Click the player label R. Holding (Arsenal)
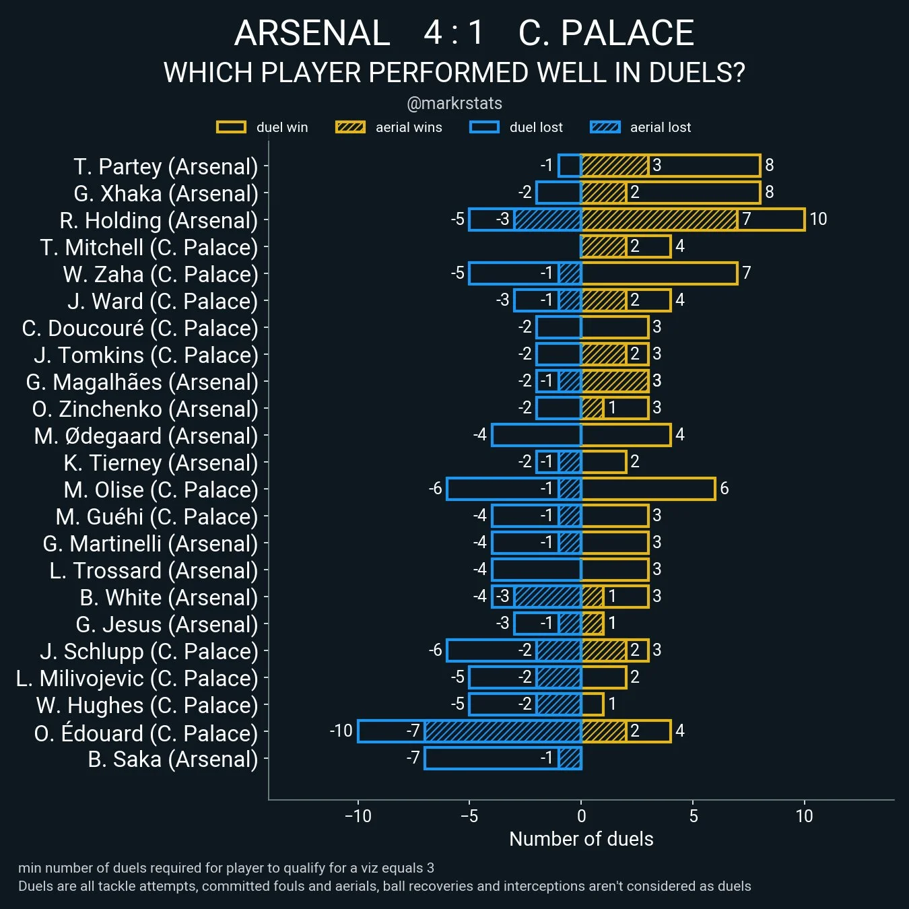click(x=158, y=221)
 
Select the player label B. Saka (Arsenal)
click(x=173, y=760)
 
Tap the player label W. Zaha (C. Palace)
click(x=160, y=275)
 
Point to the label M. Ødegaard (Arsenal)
click(x=146, y=436)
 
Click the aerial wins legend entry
click(x=389, y=127)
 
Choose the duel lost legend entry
click(x=516, y=127)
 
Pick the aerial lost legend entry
click(x=640, y=127)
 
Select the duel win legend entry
click(x=263, y=127)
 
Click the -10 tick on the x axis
click(x=358, y=817)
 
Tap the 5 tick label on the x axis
click(x=693, y=817)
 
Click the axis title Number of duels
click(x=581, y=839)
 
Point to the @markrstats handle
click(x=454, y=104)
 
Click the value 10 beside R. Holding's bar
click(x=818, y=220)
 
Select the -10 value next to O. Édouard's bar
click(x=341, y=731)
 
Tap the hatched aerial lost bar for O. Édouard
click(x=502, y=731)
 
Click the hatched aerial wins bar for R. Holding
click(x=659, y=220)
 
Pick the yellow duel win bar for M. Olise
click(x=648, y=489)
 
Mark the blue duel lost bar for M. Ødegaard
click(x=537, y=435)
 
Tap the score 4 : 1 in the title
click(x=454, y=33)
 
